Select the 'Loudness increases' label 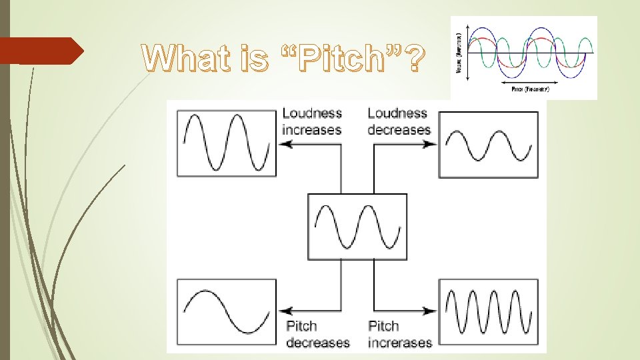point(311,121)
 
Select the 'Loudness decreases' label point(399,121)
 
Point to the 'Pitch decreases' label point(317,334)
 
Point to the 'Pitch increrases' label point(399,334)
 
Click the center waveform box point(357,227)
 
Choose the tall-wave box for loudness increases point(226,143)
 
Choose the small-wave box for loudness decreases point(488,145)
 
